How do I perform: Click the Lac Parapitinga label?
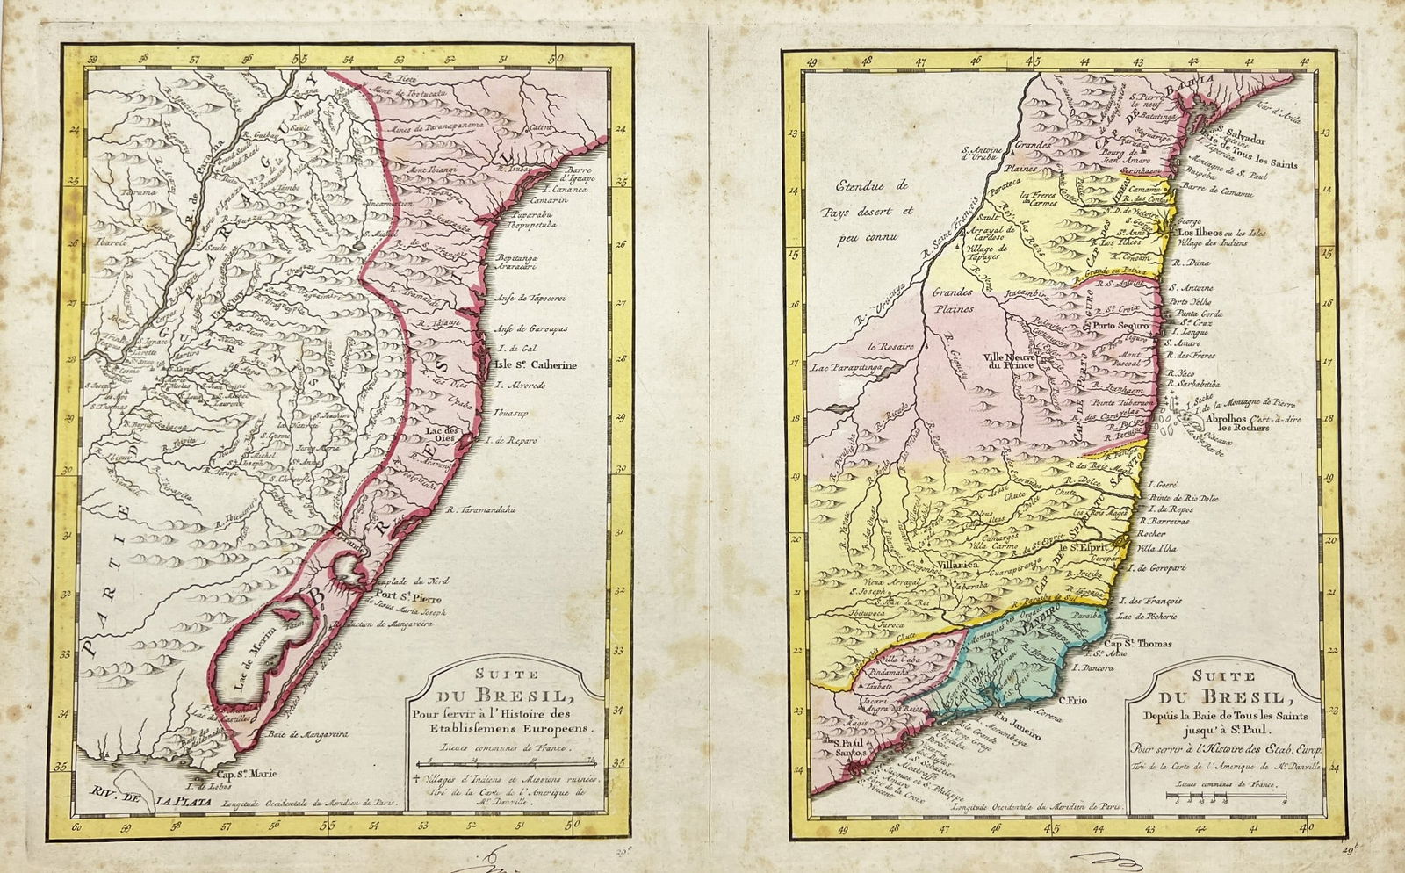tap(850, 368)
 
